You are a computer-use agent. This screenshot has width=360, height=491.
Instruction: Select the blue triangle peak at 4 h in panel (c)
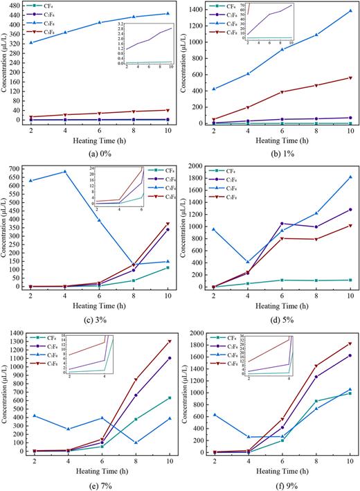click(x=64, y=172)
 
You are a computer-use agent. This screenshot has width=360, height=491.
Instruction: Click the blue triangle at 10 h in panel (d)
click(x=350, y=177)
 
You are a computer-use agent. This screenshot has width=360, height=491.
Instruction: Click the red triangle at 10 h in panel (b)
click(x=350, y=78)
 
